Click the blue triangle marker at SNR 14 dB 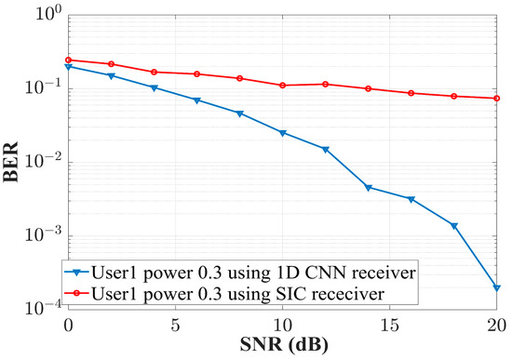point(369,188)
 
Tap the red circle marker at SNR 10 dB point(283,86)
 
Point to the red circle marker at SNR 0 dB point(68,60)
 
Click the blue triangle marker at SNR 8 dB point(240,113)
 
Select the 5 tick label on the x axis point(175,325)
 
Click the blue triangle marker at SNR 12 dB point(326,149)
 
